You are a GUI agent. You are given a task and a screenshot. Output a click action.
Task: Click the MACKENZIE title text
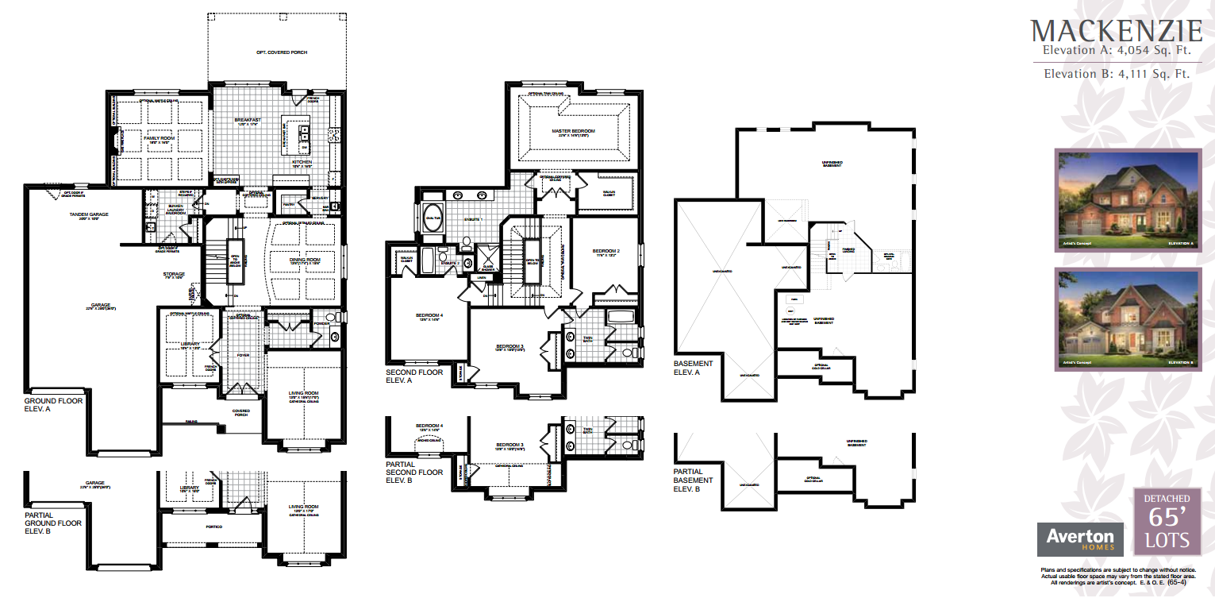click(1117, 31)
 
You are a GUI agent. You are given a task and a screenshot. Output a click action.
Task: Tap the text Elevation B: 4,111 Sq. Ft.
click(1116, 74)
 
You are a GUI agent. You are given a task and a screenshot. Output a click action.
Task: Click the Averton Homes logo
click(1080, 538)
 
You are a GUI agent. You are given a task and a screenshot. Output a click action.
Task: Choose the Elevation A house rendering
click(1127, 200)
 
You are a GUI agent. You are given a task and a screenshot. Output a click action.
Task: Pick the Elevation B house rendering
click(1127, 319)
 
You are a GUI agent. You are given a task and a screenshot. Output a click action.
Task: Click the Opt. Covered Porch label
click(277, 53)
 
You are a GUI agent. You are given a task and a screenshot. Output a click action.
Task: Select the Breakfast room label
click(248, 122)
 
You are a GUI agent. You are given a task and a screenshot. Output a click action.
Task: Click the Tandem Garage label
click(88, 214)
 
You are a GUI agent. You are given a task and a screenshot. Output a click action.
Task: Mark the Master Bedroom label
click(573, 131)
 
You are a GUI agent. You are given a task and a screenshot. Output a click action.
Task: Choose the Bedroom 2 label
click(606, 252)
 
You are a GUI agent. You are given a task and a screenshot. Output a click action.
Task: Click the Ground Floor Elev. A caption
click(52, 405)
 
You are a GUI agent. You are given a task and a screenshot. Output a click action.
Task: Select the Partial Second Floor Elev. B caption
click(414, 472)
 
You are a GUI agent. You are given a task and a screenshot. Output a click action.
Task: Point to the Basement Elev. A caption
click(693, 367)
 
